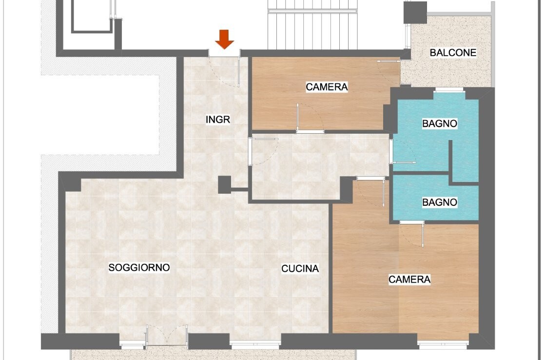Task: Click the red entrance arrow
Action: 224,39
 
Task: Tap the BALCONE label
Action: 453,53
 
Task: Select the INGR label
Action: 217,120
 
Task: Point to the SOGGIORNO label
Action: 139,267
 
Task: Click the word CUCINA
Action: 300,268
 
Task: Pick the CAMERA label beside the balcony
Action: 327,87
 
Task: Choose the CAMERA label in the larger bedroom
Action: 409,279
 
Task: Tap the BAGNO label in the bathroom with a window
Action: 439,123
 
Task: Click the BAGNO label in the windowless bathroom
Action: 439,202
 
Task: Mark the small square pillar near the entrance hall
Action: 225,185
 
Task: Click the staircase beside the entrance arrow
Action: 313,24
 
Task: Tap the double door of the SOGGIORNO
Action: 167,336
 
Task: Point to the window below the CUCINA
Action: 255,345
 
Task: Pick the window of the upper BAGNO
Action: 449,90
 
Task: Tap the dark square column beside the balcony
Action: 415,13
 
